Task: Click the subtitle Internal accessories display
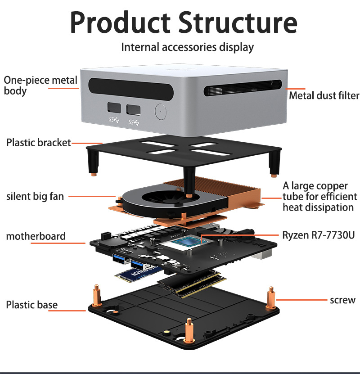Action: point(187,47)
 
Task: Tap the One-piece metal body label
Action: point(40,86)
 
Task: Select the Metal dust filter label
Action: point(324,95)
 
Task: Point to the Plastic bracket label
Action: point(39,143)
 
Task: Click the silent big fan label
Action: point(35,196)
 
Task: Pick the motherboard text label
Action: point(36,236)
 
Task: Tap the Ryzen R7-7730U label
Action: point(319,235)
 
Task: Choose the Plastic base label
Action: point(32,305)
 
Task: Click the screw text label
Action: point(342,300)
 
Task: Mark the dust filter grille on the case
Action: point(243,88)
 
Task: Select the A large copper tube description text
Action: point(320,197)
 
